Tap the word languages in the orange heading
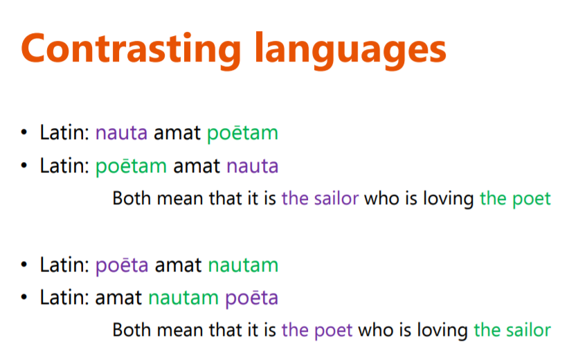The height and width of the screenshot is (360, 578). pos(350,51)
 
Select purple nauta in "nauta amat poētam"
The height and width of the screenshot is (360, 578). pos(121,133)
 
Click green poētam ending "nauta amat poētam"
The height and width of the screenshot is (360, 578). pos(242,133)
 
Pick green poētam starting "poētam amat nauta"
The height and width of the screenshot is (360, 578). pos(132,166)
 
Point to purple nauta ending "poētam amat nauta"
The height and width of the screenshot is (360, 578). pos(253,166)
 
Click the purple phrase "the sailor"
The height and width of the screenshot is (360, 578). pos(320,199)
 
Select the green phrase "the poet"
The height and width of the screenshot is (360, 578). pos(515,199)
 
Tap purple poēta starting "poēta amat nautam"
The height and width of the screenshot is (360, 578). pos(122,265)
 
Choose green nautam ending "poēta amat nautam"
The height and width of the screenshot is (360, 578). pos(243,265)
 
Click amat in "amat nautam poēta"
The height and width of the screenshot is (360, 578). pos(118,298)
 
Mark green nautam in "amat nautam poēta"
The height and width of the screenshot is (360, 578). pos(183,298)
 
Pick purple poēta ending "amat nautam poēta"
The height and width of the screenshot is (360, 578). pos(251,298)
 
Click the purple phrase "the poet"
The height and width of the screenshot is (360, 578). pos(317,330)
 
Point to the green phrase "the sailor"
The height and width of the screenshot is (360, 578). pos(512,330)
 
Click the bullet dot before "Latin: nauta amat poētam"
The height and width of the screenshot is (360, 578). pos(24,132)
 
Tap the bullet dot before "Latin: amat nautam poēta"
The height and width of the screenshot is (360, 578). pos(24,297)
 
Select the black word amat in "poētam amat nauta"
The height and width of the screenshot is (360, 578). pos(197,166)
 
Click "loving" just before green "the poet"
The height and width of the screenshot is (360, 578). pos(449,199)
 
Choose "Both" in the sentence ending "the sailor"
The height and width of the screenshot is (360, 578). pos(132,330)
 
